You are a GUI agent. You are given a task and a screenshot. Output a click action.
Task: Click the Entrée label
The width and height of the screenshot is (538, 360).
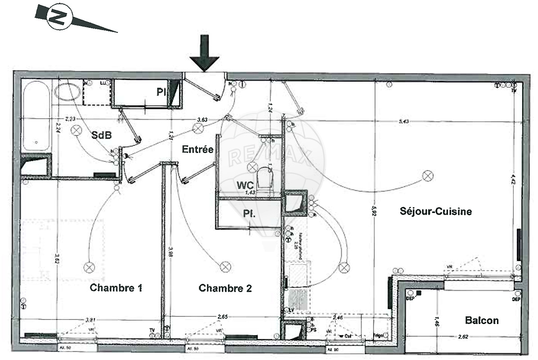click(197, 149)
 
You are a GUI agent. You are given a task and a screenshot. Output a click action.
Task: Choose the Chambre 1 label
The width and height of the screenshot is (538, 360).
click(116, 288)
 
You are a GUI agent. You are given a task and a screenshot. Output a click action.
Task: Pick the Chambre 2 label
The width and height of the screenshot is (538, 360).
click(225, 288)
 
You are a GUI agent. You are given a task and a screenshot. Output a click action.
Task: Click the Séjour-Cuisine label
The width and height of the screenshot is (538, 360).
click(435, 211)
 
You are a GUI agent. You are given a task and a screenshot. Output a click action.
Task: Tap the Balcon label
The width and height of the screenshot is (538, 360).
click(482, 320)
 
